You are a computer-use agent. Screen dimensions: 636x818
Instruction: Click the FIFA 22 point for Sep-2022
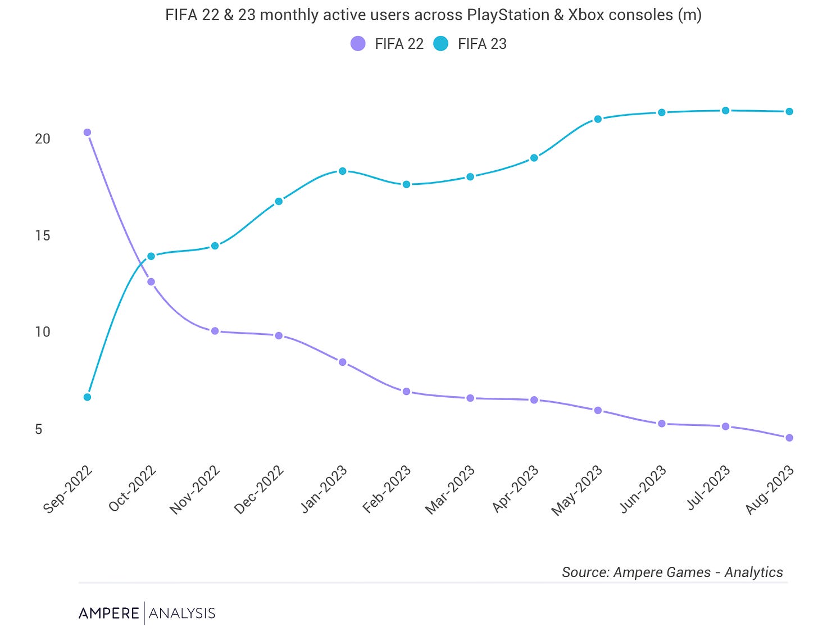tap(87, 133)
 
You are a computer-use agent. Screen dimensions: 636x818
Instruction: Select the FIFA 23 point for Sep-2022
tap(87, 397)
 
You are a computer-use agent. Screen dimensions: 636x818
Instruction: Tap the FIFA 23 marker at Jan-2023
tap(343, 171)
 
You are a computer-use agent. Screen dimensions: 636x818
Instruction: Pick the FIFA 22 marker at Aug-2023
tap(789, 438)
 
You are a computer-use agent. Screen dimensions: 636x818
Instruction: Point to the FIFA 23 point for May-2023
tap(598, 119)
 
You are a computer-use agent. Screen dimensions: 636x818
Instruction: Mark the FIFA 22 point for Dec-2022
tap(279, 335)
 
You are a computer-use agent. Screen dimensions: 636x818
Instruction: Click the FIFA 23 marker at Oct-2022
tap(151, 256)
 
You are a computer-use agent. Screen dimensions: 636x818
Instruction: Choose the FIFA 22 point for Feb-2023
tap(406, 391)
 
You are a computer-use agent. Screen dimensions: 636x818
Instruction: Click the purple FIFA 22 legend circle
tap(358, 44)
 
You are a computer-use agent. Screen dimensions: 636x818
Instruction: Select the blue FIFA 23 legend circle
tap(441, 44)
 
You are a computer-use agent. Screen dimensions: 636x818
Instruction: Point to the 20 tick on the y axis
tap(43, 139)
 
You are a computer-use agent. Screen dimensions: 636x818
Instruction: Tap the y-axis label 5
tap(39, 429)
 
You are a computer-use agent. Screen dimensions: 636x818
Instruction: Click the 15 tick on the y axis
tap(43, 235)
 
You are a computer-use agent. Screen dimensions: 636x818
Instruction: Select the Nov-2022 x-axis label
tap(195, 490)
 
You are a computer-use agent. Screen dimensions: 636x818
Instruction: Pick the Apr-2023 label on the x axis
tap(515, 489)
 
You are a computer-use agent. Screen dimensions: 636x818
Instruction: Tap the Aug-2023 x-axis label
tap(770, 490)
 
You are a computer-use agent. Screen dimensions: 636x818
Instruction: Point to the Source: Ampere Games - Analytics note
tap(672, 572)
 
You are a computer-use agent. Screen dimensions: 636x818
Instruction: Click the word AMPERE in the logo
tap(109, 613)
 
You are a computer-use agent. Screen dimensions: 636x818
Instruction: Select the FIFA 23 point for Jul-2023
tap(725, 111)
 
